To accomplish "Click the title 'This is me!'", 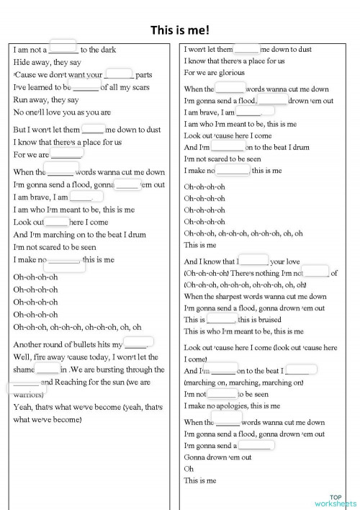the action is [x=179, y=30].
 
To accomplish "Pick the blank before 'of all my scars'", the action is [x=86, y=86].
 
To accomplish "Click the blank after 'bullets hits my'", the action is [x=139, y=343].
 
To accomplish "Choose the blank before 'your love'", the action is [x=253, y=260].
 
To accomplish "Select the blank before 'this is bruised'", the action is [x=221, y=318].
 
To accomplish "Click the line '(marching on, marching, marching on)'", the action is [x=241, y=382].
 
